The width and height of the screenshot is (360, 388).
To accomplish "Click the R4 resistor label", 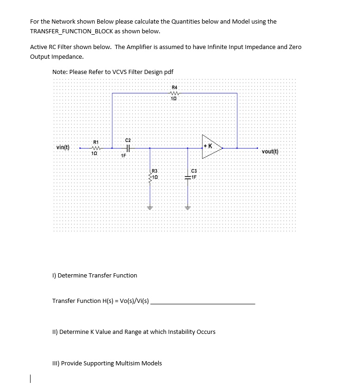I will click(174, 87).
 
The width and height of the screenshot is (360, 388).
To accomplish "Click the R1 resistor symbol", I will click(95, 148).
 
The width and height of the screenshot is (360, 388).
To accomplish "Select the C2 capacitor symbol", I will click(128, 148).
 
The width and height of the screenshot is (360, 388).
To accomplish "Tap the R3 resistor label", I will click(155, 171).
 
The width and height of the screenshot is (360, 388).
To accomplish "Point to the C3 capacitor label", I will click(193, 171).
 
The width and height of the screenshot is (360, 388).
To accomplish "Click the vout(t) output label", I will click(270, 151).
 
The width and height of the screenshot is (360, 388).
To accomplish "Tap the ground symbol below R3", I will click(149, 208).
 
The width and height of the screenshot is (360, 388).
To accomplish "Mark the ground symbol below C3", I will click(187, 208).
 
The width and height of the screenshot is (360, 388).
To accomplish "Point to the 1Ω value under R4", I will click(174, 99).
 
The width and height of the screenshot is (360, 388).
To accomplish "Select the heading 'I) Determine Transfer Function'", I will click(95, 275).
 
